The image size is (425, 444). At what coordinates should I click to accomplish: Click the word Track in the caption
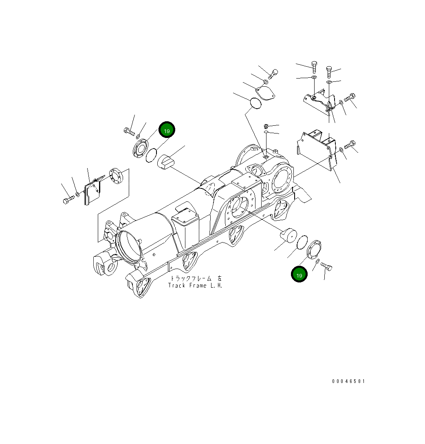(176, 285)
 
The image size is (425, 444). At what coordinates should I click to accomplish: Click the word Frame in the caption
(198, 285)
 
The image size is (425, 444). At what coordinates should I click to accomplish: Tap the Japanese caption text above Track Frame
(196, 279)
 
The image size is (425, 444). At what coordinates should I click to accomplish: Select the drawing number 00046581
(348, 381)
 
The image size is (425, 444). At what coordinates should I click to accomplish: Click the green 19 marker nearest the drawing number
(299, 274)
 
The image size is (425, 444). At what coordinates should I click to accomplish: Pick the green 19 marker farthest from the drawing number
(167, 130)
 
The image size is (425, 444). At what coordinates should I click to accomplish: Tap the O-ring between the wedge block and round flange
(151, 155)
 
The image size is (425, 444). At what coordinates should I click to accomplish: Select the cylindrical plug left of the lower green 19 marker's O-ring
(288, 236)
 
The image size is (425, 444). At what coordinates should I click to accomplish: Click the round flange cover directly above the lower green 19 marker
(314, 249)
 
